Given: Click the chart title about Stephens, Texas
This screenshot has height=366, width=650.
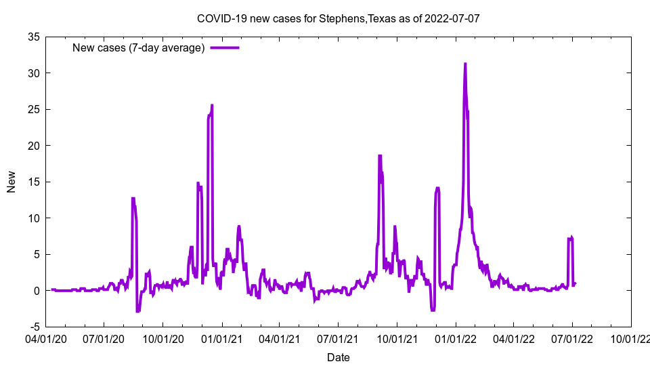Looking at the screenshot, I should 338,18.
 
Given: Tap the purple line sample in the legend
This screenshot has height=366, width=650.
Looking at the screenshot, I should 225,47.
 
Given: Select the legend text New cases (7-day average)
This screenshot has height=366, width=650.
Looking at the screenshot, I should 138,47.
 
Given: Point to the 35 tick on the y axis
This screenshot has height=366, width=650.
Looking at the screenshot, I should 33,37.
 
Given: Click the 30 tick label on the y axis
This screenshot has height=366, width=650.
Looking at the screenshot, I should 33,73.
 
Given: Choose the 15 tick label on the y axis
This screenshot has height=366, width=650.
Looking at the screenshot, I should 33,182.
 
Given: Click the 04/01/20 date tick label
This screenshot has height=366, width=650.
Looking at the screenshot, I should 46,337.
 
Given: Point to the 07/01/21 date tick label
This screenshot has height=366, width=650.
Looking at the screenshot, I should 338,337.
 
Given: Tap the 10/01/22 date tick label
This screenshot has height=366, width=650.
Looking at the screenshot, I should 630,337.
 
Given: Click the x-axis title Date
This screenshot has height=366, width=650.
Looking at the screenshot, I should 338,357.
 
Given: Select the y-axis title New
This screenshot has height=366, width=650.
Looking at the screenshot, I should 12,182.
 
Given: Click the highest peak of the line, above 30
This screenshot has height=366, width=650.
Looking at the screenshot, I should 465,64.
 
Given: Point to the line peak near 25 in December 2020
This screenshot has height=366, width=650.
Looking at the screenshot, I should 211,106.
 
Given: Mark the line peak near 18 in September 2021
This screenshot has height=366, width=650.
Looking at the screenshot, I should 380,157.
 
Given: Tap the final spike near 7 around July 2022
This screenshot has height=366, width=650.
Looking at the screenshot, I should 571,238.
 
